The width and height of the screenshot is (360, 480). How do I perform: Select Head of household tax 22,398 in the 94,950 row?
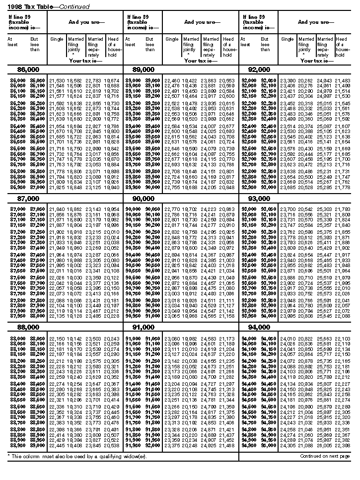(x=342, y=445)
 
